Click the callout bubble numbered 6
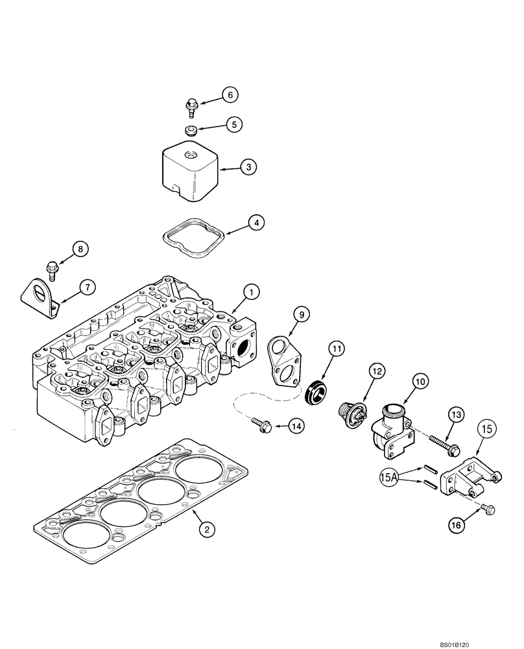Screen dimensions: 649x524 click(x=229, y=94)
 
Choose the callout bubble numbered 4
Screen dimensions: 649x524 click(x=257, y=222)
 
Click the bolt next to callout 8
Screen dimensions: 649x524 click(x=52, y=265)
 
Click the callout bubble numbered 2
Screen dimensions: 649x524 click(x=206, y=530)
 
